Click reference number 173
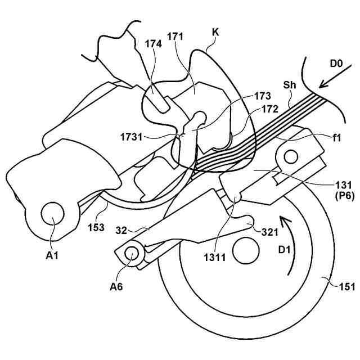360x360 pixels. [x=263, y=96]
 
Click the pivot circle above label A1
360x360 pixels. [x=53, y=214]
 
